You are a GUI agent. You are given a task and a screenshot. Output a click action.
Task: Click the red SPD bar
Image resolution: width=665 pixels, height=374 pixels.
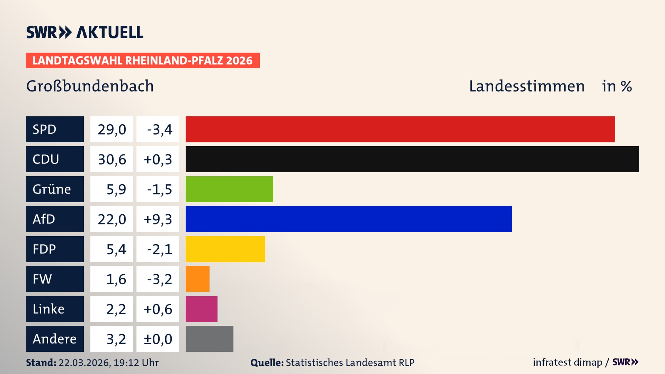(400, 129)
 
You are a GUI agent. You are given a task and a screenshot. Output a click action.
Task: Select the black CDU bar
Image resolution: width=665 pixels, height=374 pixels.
(412, 159)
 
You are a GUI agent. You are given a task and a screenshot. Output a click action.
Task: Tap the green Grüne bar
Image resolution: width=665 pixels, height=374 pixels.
(229, 189)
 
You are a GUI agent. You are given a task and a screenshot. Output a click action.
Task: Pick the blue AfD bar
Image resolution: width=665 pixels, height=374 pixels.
(348, 219)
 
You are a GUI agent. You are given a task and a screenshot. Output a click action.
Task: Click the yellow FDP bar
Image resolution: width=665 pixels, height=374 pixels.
(225, 249)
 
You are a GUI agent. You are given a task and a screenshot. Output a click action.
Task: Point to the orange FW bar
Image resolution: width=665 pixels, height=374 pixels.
(197, 279)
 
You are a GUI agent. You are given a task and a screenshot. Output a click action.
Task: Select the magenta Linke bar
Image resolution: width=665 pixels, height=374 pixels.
(201, 309)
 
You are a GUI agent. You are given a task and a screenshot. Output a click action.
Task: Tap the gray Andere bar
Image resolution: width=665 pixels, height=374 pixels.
(209, 339)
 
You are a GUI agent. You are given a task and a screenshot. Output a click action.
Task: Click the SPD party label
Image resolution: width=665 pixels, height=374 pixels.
(55, 129)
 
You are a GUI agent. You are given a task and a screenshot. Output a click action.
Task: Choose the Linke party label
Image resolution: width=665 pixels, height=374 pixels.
(55, 309)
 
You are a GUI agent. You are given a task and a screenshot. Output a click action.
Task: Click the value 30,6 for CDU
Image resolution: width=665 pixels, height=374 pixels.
(112, 159)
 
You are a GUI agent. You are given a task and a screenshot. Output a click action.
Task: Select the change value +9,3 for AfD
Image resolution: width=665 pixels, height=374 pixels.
(158, 219)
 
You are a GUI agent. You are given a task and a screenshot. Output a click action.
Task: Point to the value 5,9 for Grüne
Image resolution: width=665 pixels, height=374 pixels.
(116, 189)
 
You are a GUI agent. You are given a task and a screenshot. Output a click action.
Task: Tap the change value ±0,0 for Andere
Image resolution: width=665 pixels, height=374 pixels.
(158, 339)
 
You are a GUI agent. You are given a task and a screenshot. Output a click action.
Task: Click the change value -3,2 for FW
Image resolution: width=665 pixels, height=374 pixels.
(159, 279)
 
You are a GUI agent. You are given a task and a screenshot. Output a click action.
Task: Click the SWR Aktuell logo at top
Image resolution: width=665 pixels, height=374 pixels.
(85, 32)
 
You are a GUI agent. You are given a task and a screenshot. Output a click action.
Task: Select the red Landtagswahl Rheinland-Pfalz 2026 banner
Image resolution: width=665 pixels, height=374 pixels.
(142, 61)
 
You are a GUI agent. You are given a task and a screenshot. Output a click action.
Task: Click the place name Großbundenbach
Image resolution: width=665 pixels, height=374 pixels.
(90, 86)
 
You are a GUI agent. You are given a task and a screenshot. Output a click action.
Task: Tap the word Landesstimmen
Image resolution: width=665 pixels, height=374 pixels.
(526, 86)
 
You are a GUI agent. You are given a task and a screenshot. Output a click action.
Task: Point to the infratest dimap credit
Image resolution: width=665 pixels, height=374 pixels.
(567, 362)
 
